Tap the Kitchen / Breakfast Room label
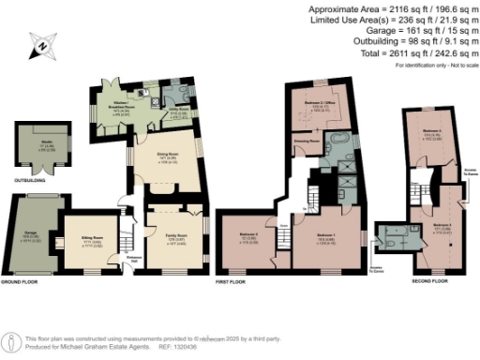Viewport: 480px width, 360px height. pyautogui.click(x=118, y=108)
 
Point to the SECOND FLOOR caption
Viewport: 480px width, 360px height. pyautogui.click(x=428, y=281)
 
